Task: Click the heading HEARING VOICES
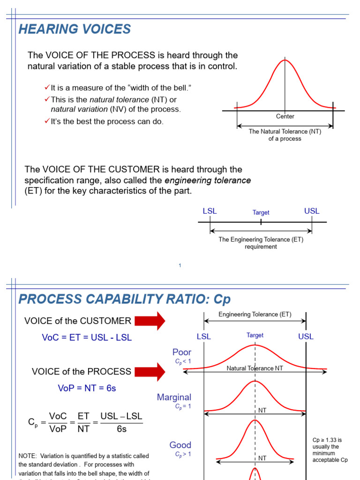click(75, 30)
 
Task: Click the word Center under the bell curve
click(285, 116)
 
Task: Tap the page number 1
click(180, 266)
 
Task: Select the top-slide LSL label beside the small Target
click(210, 211)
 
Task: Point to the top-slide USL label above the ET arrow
click(312, 211)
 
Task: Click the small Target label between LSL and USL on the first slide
click(261, 212)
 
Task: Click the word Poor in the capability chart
click(182, 352)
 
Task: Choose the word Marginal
click(174, 397)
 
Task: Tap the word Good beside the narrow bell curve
click(180, 445)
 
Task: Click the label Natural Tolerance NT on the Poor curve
click(255, 368)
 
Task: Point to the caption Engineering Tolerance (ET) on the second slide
click(255, 315)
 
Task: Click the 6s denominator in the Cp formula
click(122, 429)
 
